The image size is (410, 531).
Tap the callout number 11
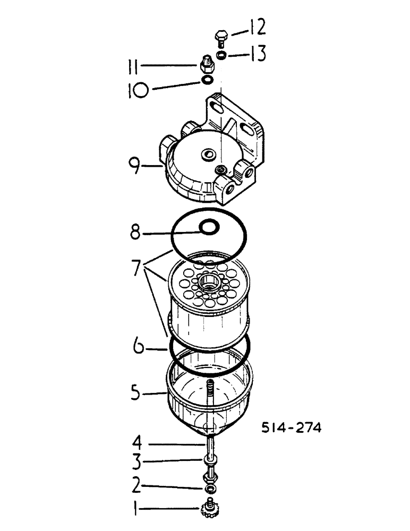[135, 68]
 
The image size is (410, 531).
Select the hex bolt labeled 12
[220, 38]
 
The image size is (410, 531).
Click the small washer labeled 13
[221, 55]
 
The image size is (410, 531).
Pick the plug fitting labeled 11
[206, 66]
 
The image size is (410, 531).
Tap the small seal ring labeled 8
[209, 227]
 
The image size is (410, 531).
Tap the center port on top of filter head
[207, 156]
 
